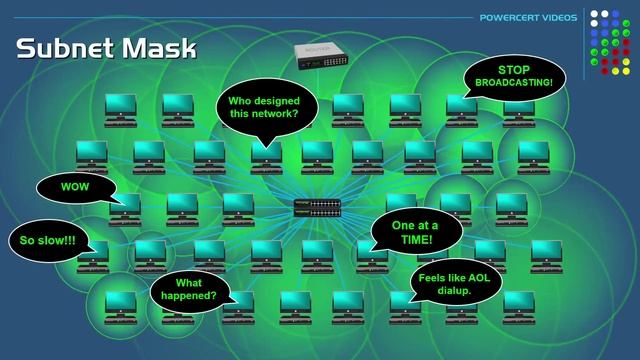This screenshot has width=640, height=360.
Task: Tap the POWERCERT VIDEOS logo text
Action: point(528,18)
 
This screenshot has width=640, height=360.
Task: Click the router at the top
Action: point(321,56)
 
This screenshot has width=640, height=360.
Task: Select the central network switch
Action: point(317,208)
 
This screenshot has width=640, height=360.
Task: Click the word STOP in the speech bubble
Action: point(514,70)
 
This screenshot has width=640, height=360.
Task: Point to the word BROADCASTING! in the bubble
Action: point(514,82)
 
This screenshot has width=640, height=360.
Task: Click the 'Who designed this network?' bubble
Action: point(267,109)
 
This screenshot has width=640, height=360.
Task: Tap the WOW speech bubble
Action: point(77,188)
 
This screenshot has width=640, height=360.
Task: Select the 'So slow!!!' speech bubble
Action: point(49,240)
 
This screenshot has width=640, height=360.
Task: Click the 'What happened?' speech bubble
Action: point(189,291)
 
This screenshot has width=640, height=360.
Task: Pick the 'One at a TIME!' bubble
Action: point(416,232)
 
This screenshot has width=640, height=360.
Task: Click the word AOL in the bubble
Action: point(479,278)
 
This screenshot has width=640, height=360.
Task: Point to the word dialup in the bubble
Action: point(454,291)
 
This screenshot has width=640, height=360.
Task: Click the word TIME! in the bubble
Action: point(416,239)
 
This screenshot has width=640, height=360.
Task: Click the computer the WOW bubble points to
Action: point(125,209)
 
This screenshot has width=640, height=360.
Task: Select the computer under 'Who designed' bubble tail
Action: point(267,158)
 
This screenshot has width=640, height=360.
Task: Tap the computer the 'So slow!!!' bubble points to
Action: point(93,257)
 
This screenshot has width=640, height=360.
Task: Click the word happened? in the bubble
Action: point(189,296)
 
